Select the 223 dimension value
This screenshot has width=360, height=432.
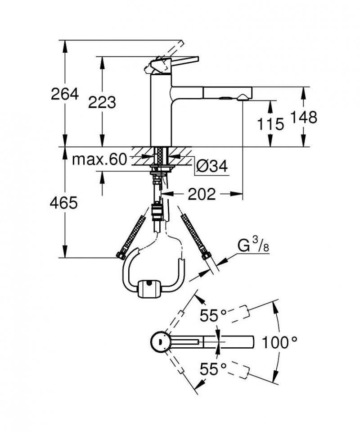[x=102, y=102]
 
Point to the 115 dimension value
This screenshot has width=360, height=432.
[x=271, y=123]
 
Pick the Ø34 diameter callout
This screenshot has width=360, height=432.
[x=211, y=167]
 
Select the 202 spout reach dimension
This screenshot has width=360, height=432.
[x=201, y=194]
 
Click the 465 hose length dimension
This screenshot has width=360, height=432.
[x=64, y=203]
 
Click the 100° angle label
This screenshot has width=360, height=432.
[x=279, y=343]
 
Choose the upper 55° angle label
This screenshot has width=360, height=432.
[x=213, y=315]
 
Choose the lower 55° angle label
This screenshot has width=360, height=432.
[x=213, y=370]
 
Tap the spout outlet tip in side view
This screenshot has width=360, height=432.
[x=243, y=96]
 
